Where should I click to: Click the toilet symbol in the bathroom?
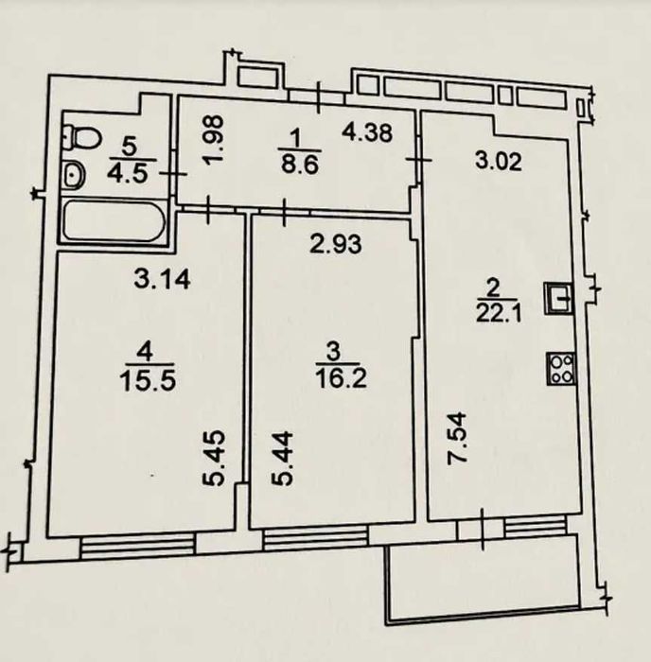tap(83, 137)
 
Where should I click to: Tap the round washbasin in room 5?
tap(75, 175)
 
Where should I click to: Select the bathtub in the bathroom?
tap(114, 221)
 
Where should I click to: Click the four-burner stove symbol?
tap(561, 369)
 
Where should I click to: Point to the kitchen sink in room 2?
tap(558, 298)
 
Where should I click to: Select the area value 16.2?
tap(342, 378)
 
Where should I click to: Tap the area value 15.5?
tap(148, 381)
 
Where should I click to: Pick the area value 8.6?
tap(300, 165)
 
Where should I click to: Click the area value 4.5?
tap(129, 174)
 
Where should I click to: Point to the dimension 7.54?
tap(457, 439)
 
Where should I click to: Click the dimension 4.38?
tap(367, 132)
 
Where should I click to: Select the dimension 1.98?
tap(212, 139)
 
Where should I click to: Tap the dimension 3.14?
tap(162, 279)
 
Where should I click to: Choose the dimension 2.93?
tap(336, 244)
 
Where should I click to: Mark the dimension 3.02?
tap(499, 161)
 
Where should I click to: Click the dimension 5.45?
tap(213, 459)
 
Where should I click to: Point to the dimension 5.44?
tap(281, 459)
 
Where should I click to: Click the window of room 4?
tap(138, 546)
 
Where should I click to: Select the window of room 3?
tap(316, 537)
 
